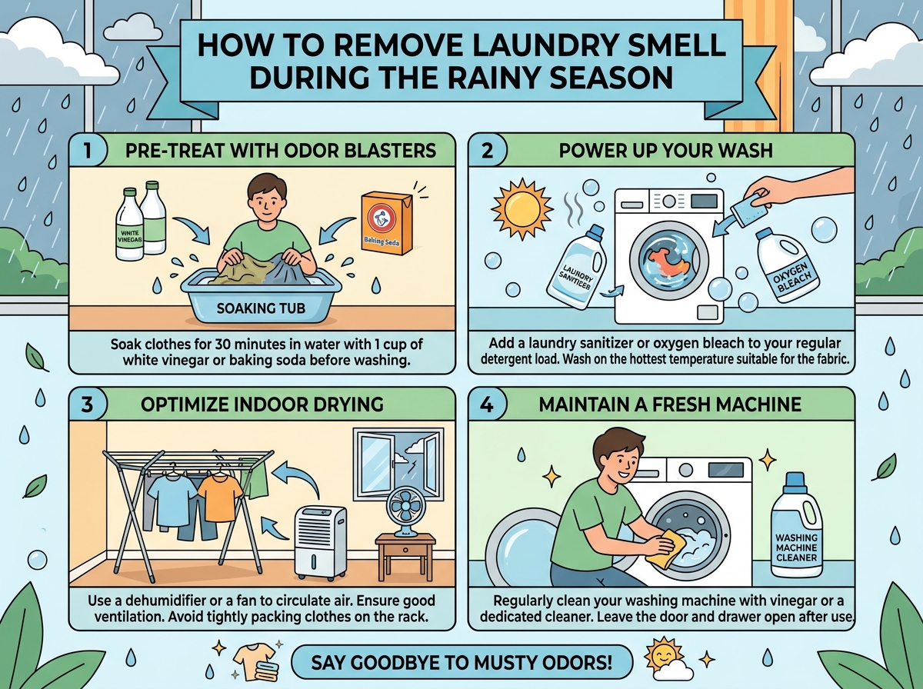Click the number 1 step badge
(x=88, y=150)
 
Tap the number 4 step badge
(x=487, y=404)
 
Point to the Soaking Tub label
(x=261, y=308)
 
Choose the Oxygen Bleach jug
(x=787, y=265)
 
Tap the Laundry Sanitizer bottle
(x=577, y=268)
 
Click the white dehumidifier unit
(x=321, y=543)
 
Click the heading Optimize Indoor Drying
(x=262, y=404)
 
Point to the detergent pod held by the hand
(x=749, y=214)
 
